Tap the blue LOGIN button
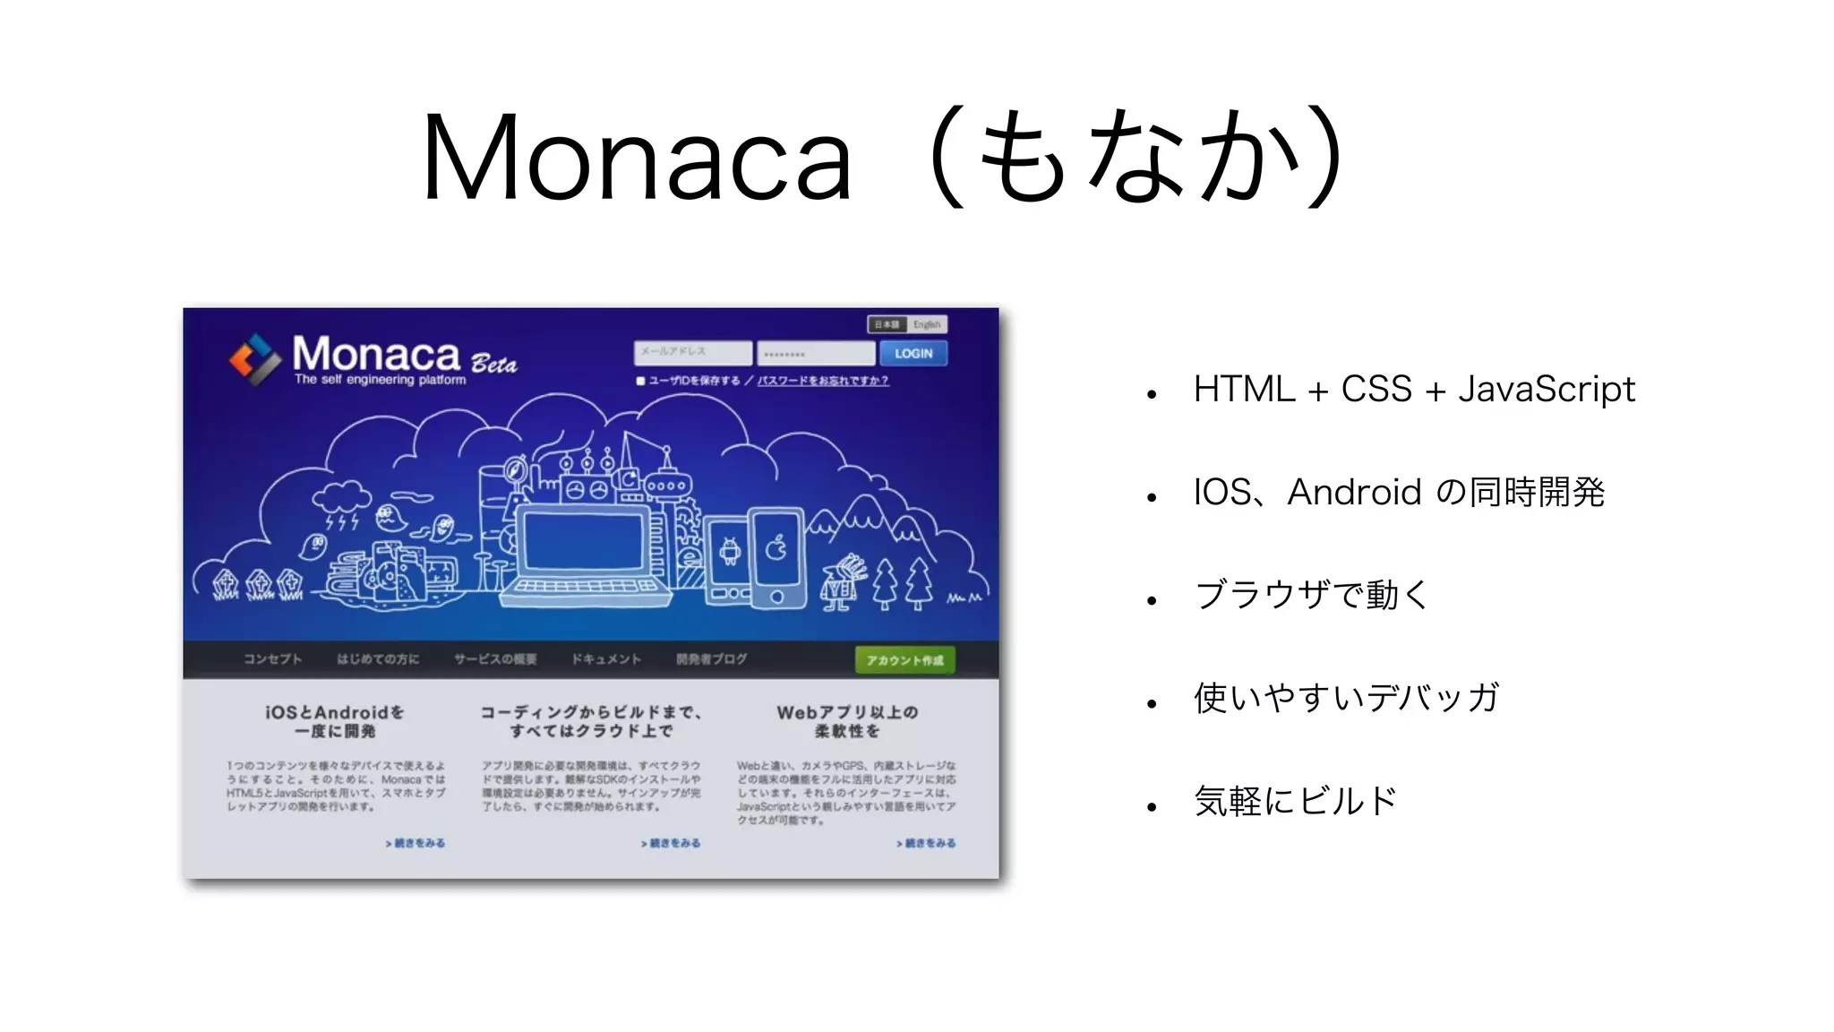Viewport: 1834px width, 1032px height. point(913,353)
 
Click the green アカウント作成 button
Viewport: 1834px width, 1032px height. point(904,660)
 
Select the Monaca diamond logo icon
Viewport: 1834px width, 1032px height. point(255,359)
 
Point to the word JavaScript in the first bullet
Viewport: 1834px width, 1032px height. point(1546,390)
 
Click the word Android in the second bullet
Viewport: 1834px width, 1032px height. point(1354,492)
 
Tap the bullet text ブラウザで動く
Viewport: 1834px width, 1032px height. point(1312,595)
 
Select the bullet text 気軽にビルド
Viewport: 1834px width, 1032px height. point(1295,801)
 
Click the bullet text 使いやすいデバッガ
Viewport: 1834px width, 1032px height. point(1346,698)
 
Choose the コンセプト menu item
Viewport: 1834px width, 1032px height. point(272,659)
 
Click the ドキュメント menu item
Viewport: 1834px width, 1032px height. point(606,659)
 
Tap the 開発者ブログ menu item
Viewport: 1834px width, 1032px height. point(711,659)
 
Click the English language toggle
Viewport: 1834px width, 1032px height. point(927,324)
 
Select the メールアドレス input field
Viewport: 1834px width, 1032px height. point(693,352)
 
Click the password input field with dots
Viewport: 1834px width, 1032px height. point(815,353)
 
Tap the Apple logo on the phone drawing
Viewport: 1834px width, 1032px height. point(776,546)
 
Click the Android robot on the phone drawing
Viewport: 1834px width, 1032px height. point(730,551)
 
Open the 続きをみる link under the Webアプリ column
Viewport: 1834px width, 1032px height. point(926,843)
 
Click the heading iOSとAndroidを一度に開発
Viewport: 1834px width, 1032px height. point(335,721)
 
